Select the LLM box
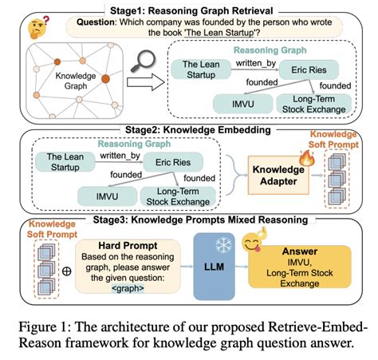217,267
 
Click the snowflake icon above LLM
218,240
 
